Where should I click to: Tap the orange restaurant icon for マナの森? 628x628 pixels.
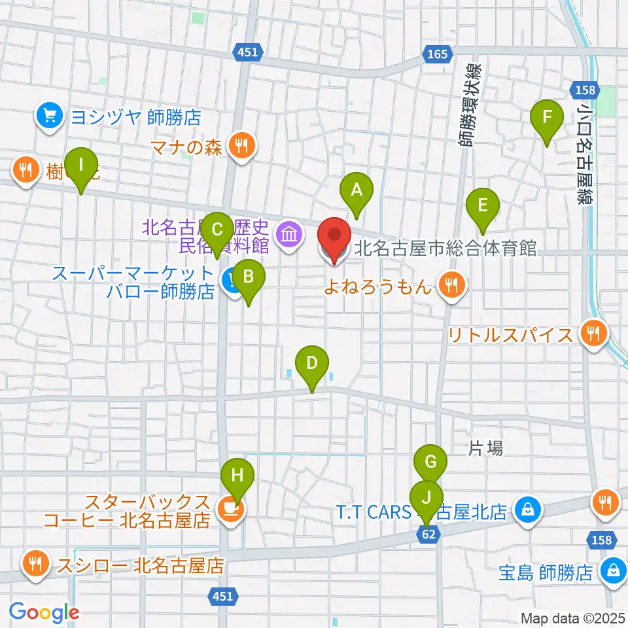tap(242, 145)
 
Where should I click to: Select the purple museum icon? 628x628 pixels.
tap(288, 234)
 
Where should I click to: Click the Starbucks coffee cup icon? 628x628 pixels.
tap(227, 508)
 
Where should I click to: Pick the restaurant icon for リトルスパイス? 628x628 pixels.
tap(594, 334)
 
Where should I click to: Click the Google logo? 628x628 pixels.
tap(44, 612)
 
